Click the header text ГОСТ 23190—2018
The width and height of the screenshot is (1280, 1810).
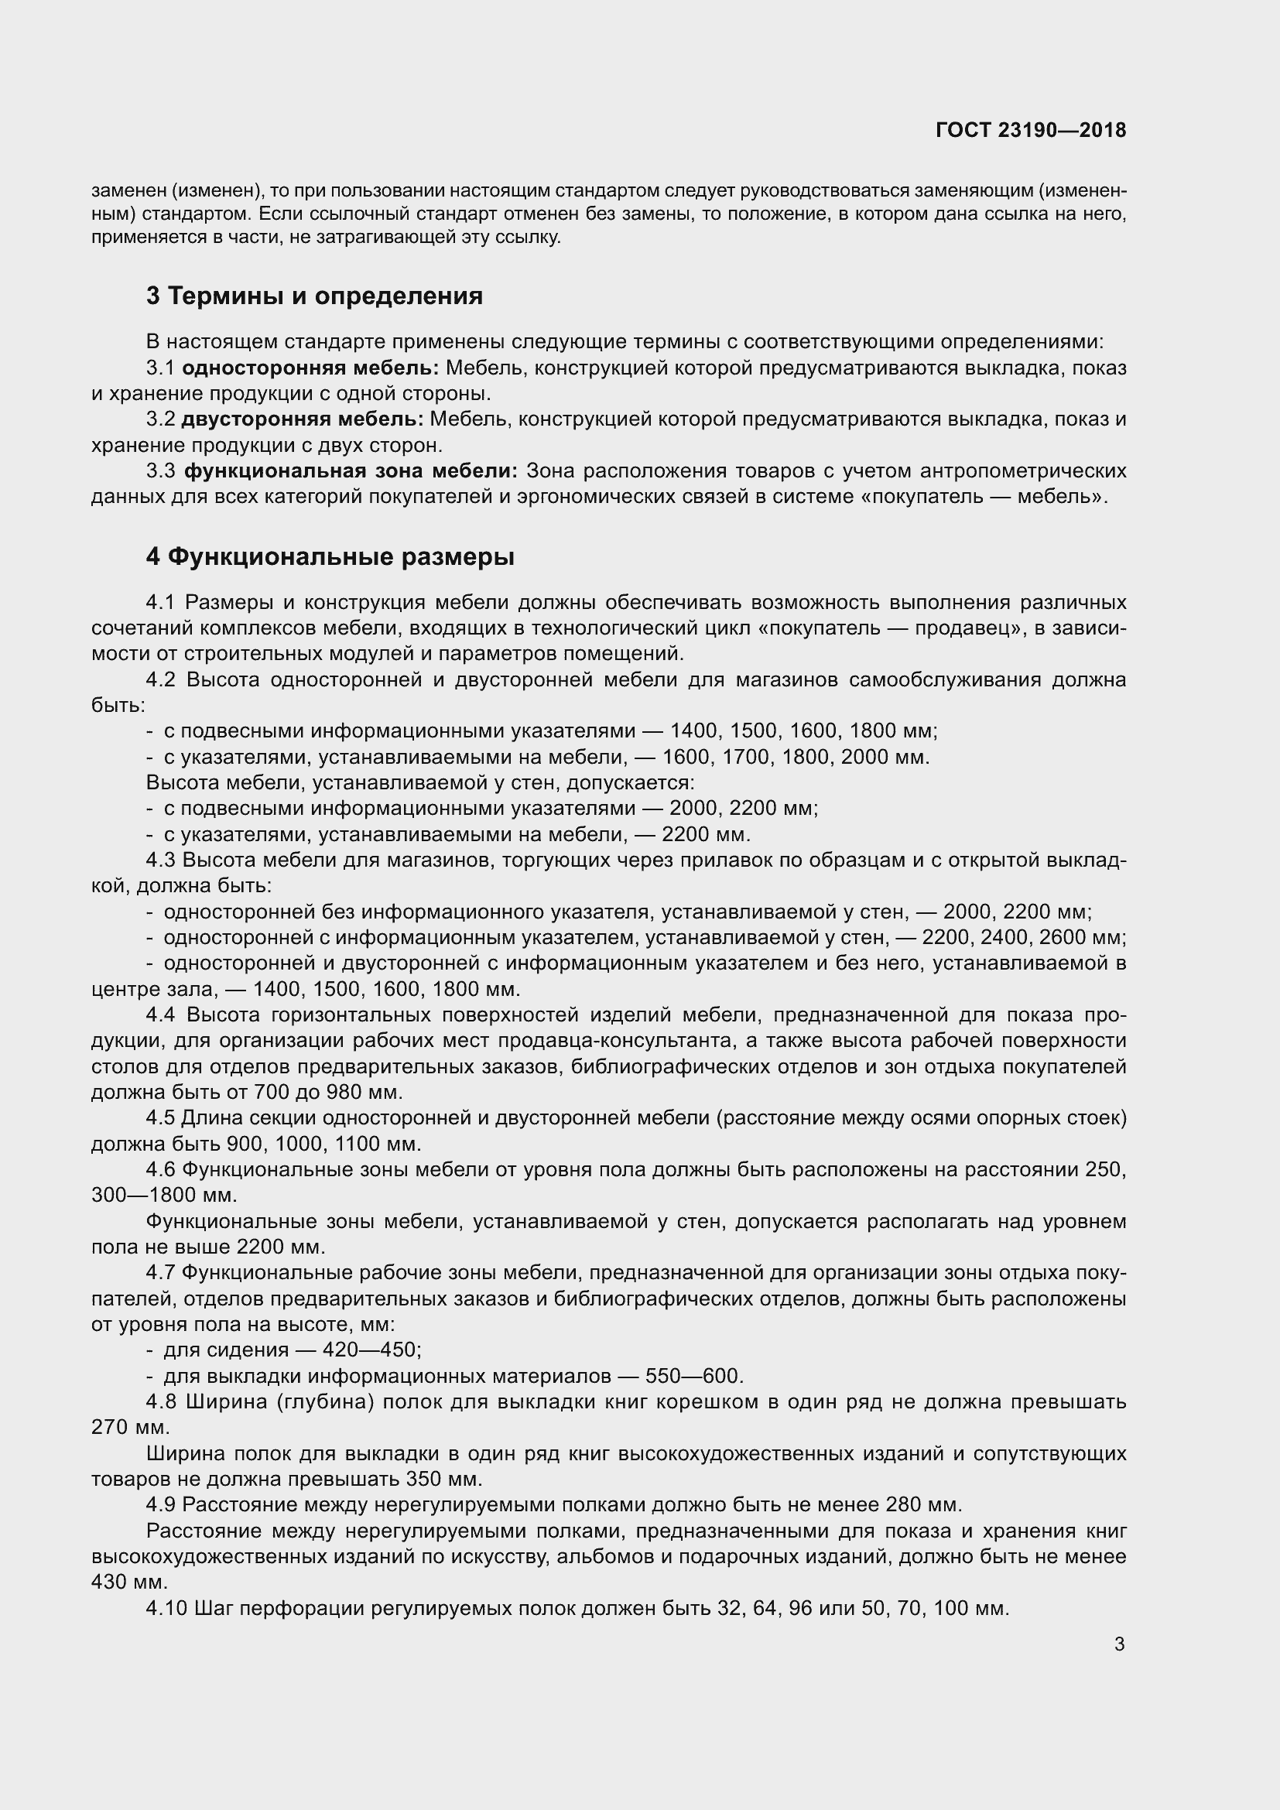pyautogui.click(x=1030, y=130)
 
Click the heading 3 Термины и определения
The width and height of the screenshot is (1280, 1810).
pyautogui.click(x=313, y=296)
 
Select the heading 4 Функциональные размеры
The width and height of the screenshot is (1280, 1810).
pyautogui.click(x=330, y=556)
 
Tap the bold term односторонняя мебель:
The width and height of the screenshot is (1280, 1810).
pyautogui.click(x=310, y=368)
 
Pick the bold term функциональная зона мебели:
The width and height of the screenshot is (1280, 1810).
pyautogui.click(x=351, y=471)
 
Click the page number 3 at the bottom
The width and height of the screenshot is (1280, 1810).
pyautogui.click(x=1119, y=1644)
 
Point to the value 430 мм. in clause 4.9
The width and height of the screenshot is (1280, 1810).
pyautogui.click(x=130, y=1582)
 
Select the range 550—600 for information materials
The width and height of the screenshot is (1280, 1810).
pyautogui.click(x=691, y=1377)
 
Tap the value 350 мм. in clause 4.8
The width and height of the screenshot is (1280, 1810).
pyautogui.click(x=443, y=1479)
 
